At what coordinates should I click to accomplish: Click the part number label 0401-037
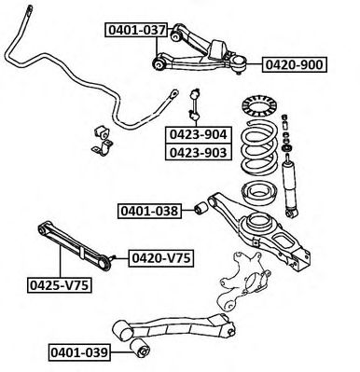pos(136,30)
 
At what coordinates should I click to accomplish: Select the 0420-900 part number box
pos(295,64)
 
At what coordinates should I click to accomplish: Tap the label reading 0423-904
pos(199,134)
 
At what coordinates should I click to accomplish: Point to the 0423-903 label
pos(199,152)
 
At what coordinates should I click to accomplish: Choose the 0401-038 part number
pos(149,211)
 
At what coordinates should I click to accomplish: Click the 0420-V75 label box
pos(161,258)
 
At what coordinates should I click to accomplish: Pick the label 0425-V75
pos(60,284)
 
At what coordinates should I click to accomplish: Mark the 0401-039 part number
pos(79,352)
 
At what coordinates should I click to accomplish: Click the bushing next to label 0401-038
pos(201,208)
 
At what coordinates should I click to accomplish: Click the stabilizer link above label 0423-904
pos(195,104)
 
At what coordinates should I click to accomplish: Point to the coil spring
pos(260,148)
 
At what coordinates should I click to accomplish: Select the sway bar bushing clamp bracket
pos(103,147)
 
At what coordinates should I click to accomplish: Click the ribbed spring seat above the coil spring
pos(259,106)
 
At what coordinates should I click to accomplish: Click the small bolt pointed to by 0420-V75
pos(113,257)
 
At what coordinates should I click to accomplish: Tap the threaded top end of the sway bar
pos(29,10)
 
